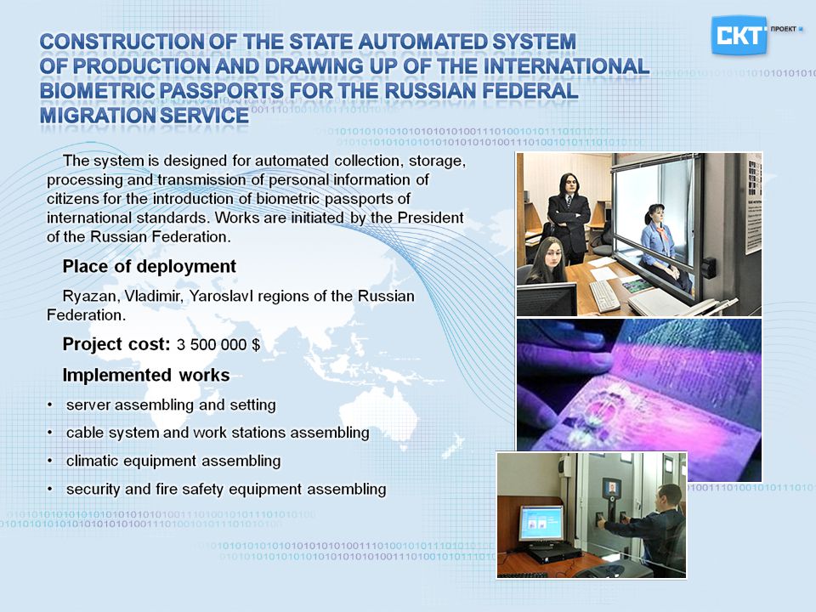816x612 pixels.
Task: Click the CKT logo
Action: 739,35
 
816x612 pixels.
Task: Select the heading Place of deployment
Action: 150,266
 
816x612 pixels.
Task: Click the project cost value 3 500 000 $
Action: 218,344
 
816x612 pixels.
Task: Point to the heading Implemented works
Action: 146,375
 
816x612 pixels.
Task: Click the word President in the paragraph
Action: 430,218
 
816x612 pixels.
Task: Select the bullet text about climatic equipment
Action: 173,461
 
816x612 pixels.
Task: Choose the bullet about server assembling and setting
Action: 171,405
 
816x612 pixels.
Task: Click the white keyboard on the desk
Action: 604,296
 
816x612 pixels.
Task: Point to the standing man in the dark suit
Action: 569,218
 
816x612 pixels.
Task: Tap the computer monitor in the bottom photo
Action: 541,523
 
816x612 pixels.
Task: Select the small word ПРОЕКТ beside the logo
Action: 783,29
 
